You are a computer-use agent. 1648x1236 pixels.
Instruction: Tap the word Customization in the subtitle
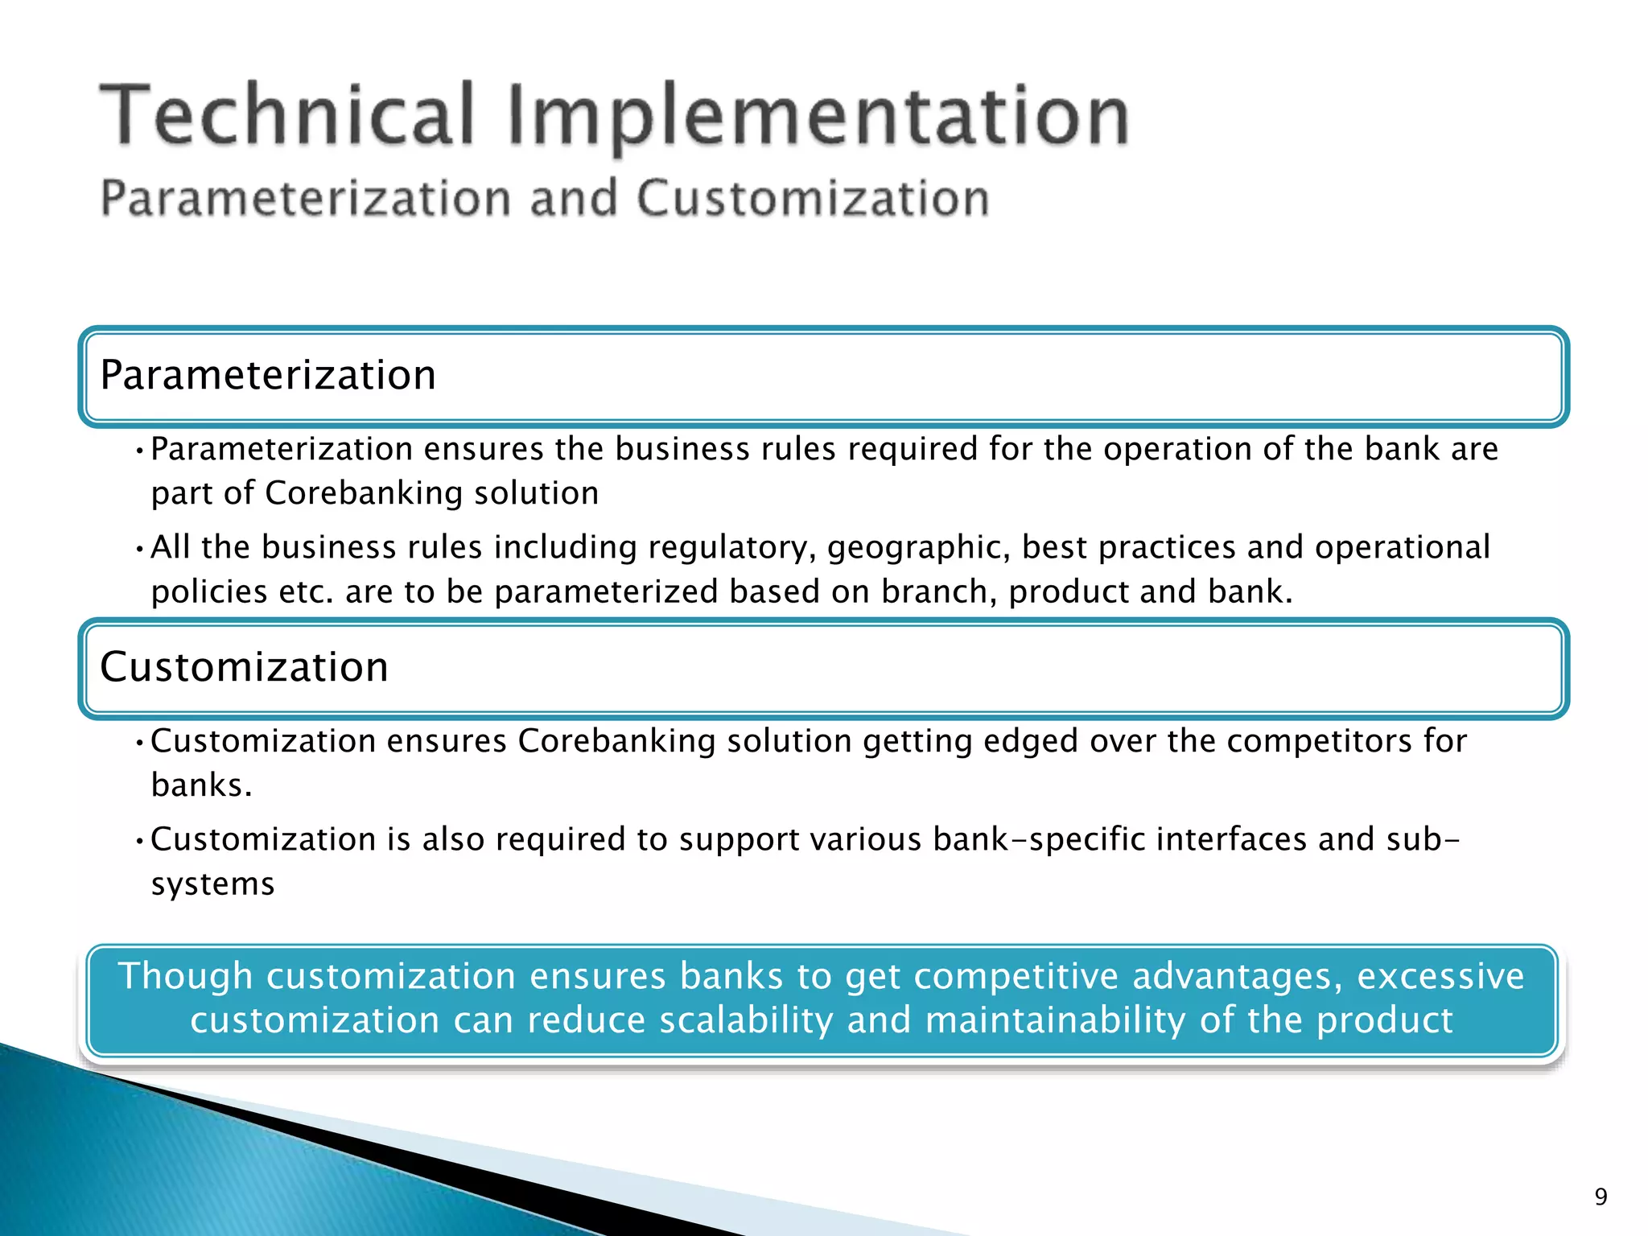point(813,199)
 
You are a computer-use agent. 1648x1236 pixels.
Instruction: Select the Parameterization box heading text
point(268,375)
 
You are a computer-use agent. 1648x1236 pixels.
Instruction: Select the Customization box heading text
point(244,667)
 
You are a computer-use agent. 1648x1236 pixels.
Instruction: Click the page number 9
point(1601,1197)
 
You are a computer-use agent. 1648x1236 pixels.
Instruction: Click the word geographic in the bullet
point(919,548)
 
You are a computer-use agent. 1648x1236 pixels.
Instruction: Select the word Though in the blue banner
point(186,976)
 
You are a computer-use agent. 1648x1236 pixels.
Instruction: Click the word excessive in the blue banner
point(1440,976)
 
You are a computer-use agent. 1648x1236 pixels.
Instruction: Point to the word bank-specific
point(1039,839)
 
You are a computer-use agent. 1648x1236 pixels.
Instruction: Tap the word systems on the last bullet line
point(213,884)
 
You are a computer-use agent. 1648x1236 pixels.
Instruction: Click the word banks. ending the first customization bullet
point(201,785)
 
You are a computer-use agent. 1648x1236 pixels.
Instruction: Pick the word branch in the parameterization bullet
point(933,592)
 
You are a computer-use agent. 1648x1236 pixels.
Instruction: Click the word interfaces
point(1231,839)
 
